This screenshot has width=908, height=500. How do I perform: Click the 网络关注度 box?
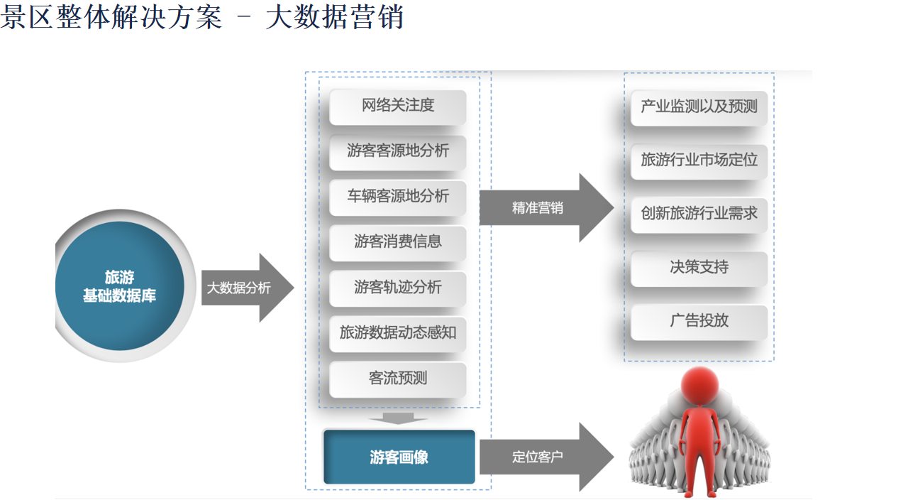[398, 107]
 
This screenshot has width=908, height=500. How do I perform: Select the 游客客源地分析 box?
[398, 153]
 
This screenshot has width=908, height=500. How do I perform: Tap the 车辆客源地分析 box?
[398, 198]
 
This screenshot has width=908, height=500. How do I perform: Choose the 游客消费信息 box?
[398, 244]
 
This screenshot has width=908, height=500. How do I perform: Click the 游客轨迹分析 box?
[398, 289]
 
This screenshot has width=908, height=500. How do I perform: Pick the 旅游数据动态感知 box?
[398, 335]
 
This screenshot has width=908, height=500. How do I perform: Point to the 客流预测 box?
[398, 380]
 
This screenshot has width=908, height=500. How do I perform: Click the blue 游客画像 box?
[399, 457]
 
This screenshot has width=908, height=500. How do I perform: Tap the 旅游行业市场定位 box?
[699, 162]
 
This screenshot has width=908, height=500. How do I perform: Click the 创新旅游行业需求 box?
[699, 215]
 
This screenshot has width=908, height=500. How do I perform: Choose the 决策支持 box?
[699, 269]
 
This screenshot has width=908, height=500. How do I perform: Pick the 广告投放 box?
[699, 322]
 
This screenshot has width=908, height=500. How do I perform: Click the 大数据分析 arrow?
[248, 288]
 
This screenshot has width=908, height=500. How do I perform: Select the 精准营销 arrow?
[546, 208]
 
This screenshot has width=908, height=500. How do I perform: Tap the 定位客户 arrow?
[546, 457]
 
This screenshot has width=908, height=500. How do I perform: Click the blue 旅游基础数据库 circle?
[120, 286]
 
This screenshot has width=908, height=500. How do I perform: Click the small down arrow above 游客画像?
[398, 418]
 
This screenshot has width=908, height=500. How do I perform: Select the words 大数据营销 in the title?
[334, 17]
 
